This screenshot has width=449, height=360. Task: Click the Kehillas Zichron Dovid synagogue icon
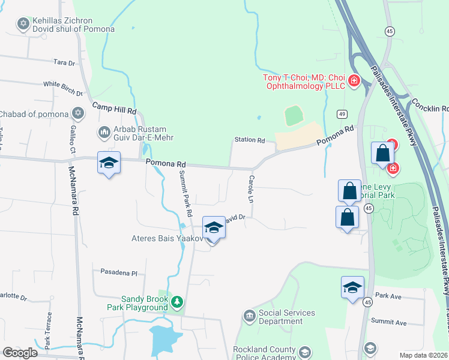(x=23, y=24)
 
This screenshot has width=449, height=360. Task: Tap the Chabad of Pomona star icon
(x=77, y=113)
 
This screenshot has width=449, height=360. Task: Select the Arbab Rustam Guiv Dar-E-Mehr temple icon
(x=104, y=131)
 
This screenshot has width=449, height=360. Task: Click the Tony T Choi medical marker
(x=354, y=80)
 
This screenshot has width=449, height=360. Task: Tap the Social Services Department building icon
(x=249, y=316)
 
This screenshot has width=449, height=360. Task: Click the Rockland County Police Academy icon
(x=304, y=352)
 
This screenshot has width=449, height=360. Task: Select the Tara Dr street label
(x=64, y=62)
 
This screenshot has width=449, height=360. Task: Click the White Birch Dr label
(x=62, y=88)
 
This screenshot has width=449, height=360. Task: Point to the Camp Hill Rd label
(x=114, y=110)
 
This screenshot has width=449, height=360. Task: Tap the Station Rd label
(x=250, y=140)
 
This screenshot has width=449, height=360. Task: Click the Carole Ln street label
(x=251, y=188)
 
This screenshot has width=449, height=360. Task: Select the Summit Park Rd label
(x=185, y=193)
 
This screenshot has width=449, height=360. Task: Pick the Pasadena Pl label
(x=119, y=272)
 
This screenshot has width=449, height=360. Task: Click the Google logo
(x=20, y=353)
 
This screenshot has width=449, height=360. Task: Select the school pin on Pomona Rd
(x=109, y=163)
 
